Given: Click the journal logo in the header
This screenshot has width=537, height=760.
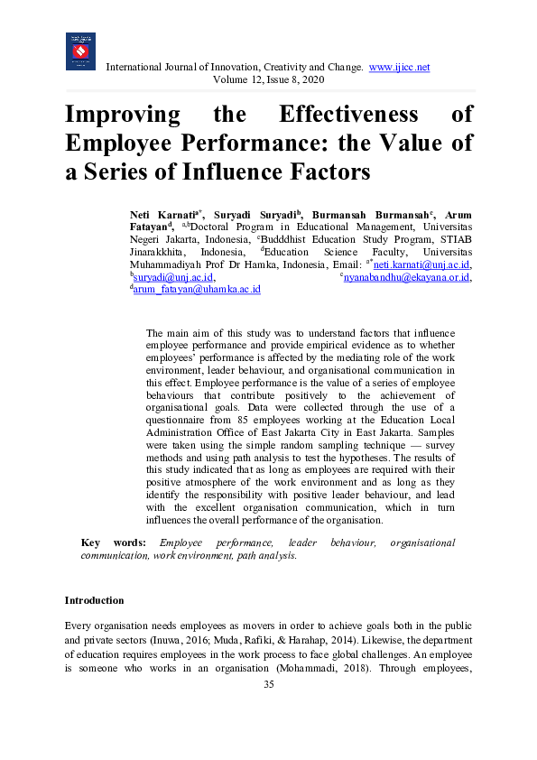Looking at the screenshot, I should point(80,51).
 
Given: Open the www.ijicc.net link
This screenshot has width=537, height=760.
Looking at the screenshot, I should point(399,68).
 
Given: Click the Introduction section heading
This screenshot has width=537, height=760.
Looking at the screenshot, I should point(94,600).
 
